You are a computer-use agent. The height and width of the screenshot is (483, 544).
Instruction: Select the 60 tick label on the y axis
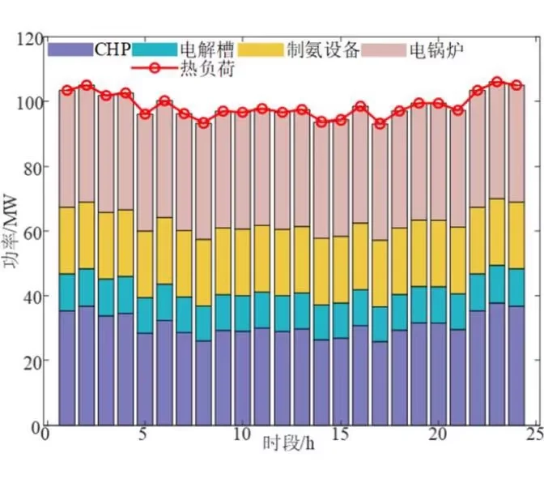32,231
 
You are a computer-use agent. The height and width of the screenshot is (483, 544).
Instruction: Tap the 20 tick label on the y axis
32,360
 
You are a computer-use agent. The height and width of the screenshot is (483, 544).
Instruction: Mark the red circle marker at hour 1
67,91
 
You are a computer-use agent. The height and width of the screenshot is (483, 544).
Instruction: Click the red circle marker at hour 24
516,85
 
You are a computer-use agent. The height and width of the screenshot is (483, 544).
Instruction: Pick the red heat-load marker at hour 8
203,122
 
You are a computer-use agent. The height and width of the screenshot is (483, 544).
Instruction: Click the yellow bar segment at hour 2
87,235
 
